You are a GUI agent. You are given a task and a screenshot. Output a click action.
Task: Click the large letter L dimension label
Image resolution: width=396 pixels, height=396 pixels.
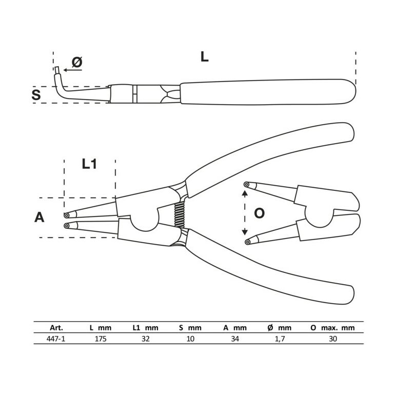[204, 57]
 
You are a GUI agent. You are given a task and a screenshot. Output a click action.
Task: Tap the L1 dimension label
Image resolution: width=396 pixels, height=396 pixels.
[89, 164]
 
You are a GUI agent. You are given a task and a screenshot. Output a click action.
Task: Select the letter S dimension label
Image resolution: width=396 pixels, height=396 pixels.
[36, 95]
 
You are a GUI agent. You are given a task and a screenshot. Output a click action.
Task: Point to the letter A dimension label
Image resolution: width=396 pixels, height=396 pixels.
[39, 217]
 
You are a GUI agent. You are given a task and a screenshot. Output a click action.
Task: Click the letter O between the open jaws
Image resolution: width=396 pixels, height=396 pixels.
[259, 213]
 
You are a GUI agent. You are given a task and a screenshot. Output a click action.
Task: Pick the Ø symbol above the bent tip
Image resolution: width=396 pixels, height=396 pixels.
[77, 62]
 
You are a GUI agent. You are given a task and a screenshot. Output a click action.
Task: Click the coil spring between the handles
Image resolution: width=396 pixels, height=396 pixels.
[180, 215]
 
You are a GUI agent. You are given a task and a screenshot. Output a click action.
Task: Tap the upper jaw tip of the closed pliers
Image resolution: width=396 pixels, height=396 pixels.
[67, 215]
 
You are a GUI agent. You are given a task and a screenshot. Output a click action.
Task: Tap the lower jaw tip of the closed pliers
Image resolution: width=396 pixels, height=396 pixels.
[67, 226]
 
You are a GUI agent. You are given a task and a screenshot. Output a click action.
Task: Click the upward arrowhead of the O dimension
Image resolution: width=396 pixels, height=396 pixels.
[245, 193]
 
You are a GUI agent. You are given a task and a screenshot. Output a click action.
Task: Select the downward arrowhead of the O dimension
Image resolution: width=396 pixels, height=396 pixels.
[245, 232]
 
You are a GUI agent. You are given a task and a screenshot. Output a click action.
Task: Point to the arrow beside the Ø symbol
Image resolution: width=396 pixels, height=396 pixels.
[73, 70]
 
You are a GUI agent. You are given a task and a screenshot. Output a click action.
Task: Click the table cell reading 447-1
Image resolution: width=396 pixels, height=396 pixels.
[56, 339]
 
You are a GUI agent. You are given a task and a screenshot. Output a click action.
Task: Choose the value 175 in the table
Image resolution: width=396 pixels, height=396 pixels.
[101, 339]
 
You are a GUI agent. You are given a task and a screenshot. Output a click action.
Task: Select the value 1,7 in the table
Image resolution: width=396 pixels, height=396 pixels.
[280, 339]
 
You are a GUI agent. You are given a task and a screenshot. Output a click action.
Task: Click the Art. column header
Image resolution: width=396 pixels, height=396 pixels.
[56, 328]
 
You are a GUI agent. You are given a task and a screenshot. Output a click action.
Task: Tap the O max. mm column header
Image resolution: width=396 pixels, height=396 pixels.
[332, 328]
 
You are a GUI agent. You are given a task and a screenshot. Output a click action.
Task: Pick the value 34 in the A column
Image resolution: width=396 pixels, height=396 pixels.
[235, 339]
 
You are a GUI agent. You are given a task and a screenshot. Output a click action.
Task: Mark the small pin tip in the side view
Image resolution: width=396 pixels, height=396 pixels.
[57, 70]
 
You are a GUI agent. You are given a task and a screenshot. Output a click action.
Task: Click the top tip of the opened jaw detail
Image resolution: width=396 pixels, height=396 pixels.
[247, 185]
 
